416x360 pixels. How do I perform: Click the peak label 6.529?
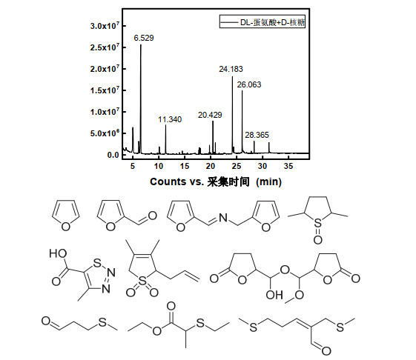point(144,39)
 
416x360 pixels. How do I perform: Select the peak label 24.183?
point(231,69)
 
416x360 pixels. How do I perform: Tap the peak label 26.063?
point(249,85)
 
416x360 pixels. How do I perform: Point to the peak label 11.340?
point(170,119)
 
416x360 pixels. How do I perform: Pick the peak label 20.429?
point(210,115)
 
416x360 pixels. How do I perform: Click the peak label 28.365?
point(257,136)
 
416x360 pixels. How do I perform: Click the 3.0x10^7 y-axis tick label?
point(105,26)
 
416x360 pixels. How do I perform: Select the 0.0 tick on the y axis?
point(113,155)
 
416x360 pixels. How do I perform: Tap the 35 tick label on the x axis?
point(288,166)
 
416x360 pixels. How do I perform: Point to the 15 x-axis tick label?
point(185,166)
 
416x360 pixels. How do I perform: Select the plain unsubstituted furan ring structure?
point(65,216)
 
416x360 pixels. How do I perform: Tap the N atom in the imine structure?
point(223,218)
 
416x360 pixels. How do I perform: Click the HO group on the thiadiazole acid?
point(58,253)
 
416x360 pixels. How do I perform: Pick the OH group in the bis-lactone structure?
point(274,295)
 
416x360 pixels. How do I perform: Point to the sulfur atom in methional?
point(102,322)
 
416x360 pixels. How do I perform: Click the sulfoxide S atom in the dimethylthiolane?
point(317,223)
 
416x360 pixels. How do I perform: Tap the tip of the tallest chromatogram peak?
point(141,44)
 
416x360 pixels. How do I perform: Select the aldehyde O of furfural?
point(152,216)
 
